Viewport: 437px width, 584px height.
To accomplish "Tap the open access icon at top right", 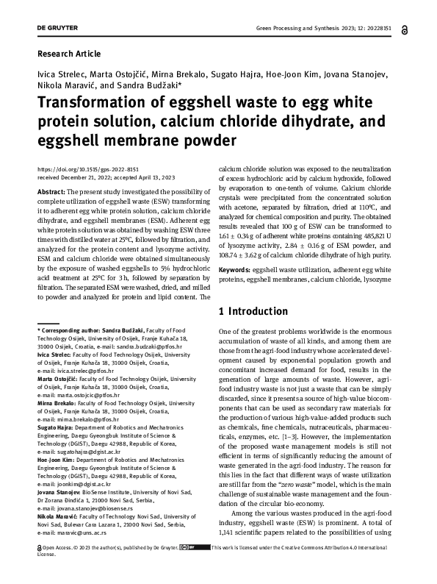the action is click(x=407, y=30).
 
